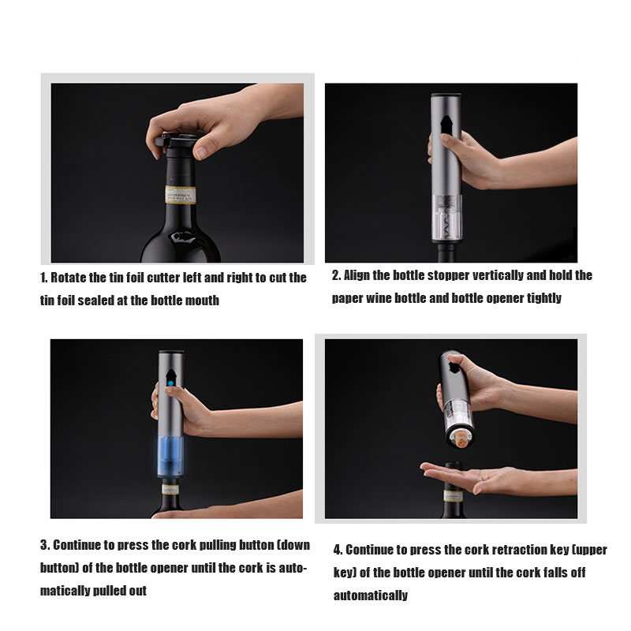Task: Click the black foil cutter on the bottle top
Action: (177, 142)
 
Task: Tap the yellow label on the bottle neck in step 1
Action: (181, 195)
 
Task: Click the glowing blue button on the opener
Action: (170, 383)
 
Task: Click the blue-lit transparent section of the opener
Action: (170, 456)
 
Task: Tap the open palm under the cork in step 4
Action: (463, 477)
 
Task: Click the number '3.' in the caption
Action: (45, 545)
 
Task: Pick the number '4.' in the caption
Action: (338, 550)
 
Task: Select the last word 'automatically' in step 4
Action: (371, 596)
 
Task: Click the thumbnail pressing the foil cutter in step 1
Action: (200, 152)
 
